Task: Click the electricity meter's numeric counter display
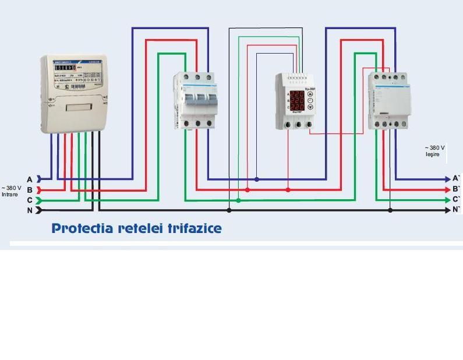pos(65,68)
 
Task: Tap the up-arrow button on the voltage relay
pos(310,92)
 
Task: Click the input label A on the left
pos(30,179)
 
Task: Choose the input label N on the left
pos(30,210)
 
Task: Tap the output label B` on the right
pos(456,189)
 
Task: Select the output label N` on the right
pos(456,209)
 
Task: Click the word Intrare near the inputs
pos(10,194)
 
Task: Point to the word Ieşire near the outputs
pos(433,154)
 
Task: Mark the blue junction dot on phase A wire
pos(257,179)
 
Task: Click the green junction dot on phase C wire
pos(238,200)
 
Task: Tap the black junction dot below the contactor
pos(390,210)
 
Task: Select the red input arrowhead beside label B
pos(39,190)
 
